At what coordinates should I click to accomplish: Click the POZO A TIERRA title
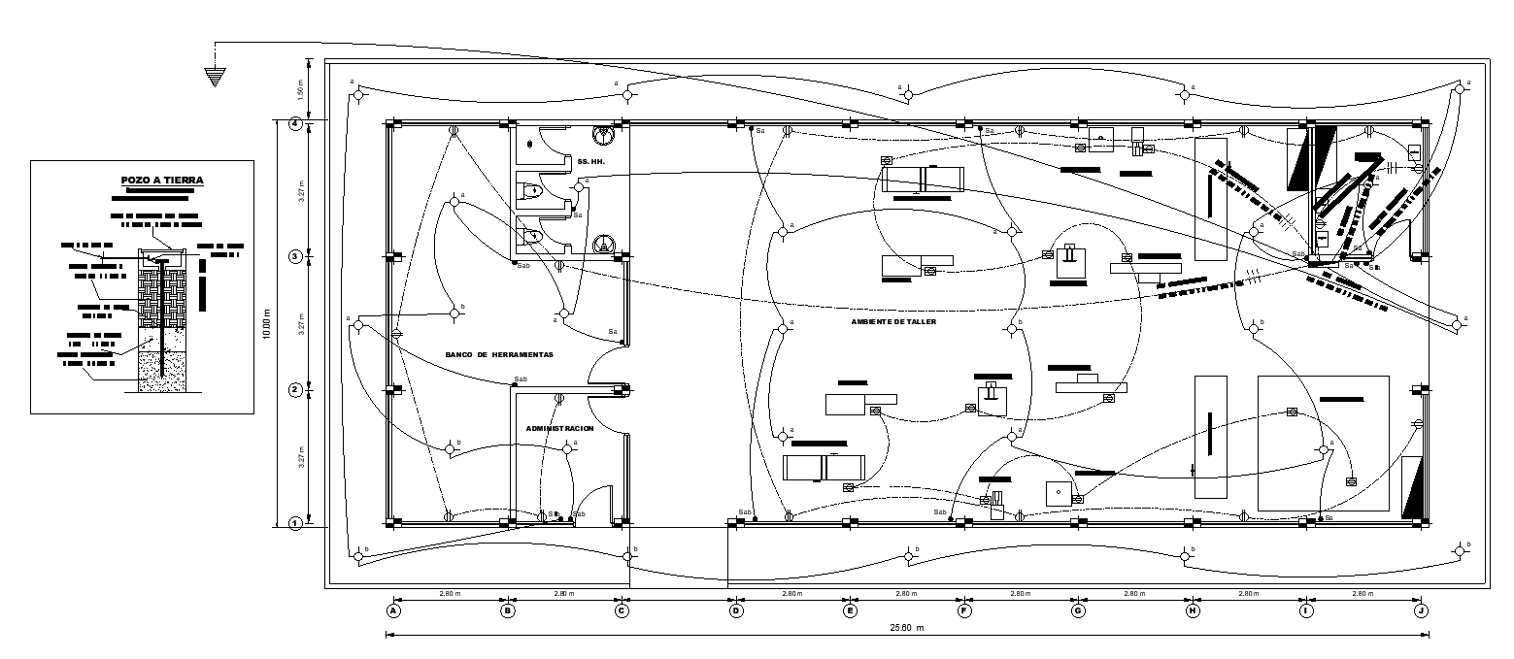(x=162, y=181)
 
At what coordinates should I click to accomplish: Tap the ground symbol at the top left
(x=216, y=77)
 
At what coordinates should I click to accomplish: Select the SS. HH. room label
(x=589, y=160)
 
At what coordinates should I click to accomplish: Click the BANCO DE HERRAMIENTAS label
(x=499, y=355)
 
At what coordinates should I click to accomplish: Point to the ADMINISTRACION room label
(x=559, y=428)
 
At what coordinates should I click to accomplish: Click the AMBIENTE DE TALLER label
(x=893, y=321)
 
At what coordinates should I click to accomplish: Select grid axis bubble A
(x=393, y=611)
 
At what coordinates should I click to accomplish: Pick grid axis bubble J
(x=1421, y=611)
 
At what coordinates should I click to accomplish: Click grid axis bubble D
(x=736, y=611)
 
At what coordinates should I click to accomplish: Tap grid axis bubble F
(x=964, y=611)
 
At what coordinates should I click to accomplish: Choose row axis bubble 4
(x=295, y=123)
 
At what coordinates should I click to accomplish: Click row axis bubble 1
(x=295, y=523)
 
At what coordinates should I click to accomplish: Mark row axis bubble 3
(x=295, y=256)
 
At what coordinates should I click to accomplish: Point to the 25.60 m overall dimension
(x=906, y=628)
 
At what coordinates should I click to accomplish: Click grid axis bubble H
(x=1193, y=611)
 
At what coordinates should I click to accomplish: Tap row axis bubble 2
(x=295, y=390)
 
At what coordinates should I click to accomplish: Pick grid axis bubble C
(x=622, y=611)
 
